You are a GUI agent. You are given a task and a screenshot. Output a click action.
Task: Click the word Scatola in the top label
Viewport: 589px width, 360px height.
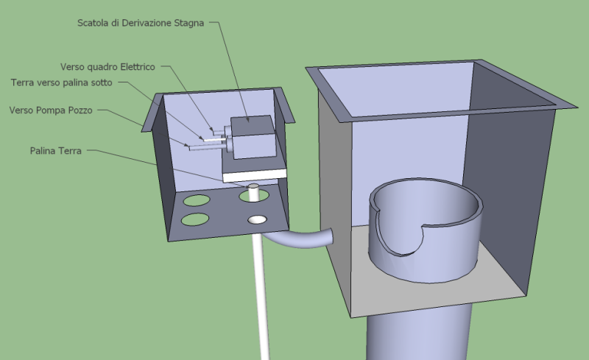[x=95, y=23]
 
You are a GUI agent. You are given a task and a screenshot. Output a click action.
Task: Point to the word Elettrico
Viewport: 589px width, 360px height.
[x=135, y=67]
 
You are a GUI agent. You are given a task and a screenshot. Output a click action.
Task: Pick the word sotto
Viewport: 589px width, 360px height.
[x=99, y=82]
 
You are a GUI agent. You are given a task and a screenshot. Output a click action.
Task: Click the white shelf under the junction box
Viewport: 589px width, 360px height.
[x=254, y=174]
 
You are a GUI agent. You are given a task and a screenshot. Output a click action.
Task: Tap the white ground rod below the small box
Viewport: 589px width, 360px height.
[x=259, y=294]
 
